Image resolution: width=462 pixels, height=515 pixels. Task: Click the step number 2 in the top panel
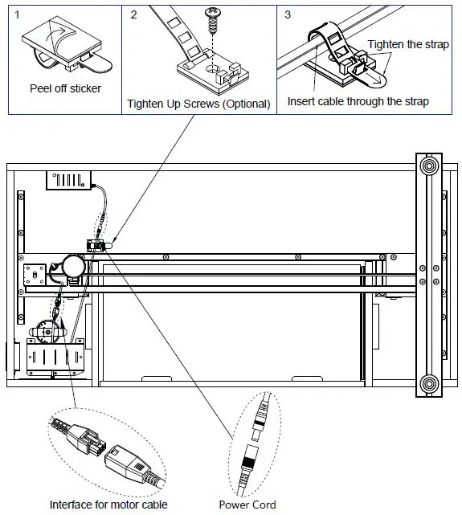[x=133, y=14]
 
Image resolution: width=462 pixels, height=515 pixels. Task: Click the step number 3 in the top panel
[x=286, y=14]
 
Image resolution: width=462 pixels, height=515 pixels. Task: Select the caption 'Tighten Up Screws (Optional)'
[x=198, y=104]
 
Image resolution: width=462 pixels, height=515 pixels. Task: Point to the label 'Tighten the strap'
[x=407, y=44]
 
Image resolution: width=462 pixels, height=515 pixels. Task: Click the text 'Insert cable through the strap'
[x=358, y=101]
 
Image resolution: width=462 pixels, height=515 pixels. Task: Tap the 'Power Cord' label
[x=247, y=505]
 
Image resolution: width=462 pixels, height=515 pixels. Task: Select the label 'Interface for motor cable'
[x=108, y=505]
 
